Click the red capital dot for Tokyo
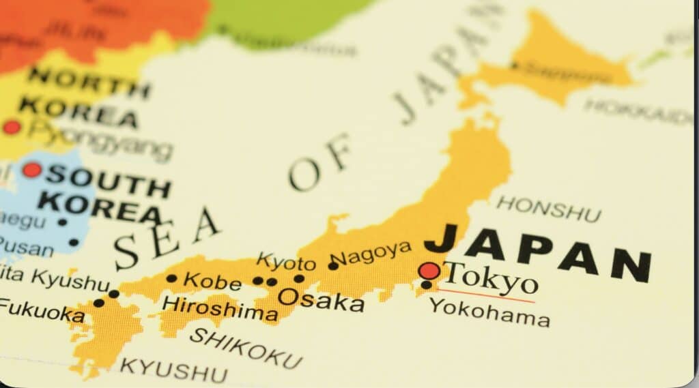(x=429, y=271)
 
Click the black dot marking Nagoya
(x=333, y=265)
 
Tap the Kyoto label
(x=286, y=261)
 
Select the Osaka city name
(x=320, y=299)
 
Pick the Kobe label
(x=212, y=280)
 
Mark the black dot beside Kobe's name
(x=171, y=278)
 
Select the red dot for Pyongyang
(x=12, y=127)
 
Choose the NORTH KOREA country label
(x=82, y=95)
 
